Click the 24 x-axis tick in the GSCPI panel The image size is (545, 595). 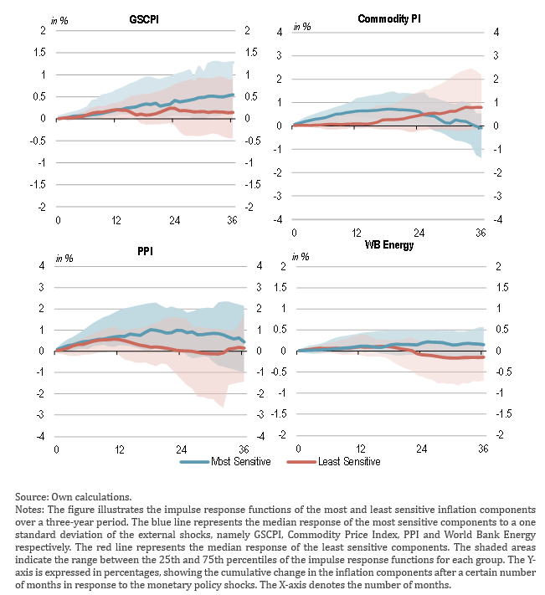pos(175,220)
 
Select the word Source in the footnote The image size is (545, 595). pos(31,496)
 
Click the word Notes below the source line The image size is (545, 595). pos(30,508)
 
